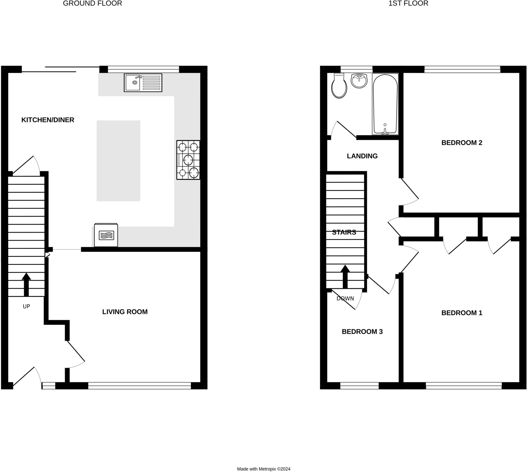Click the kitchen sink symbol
point(143,83)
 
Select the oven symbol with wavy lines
point(106,235)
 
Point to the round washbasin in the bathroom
point(359,81)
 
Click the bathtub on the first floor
point(385,104)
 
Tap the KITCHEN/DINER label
point(48,120)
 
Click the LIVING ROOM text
point(125,312)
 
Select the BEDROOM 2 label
point(462,143)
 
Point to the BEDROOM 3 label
point(362,332)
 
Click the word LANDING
point(362,156)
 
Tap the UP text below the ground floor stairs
point(26,306)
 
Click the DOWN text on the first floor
point(345,299)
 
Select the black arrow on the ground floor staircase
point(26,284)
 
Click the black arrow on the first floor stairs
point(345,276)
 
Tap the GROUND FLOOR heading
point(92,3)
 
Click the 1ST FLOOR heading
point(408,3)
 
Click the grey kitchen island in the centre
point(118,160)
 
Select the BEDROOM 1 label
point(462,313)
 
